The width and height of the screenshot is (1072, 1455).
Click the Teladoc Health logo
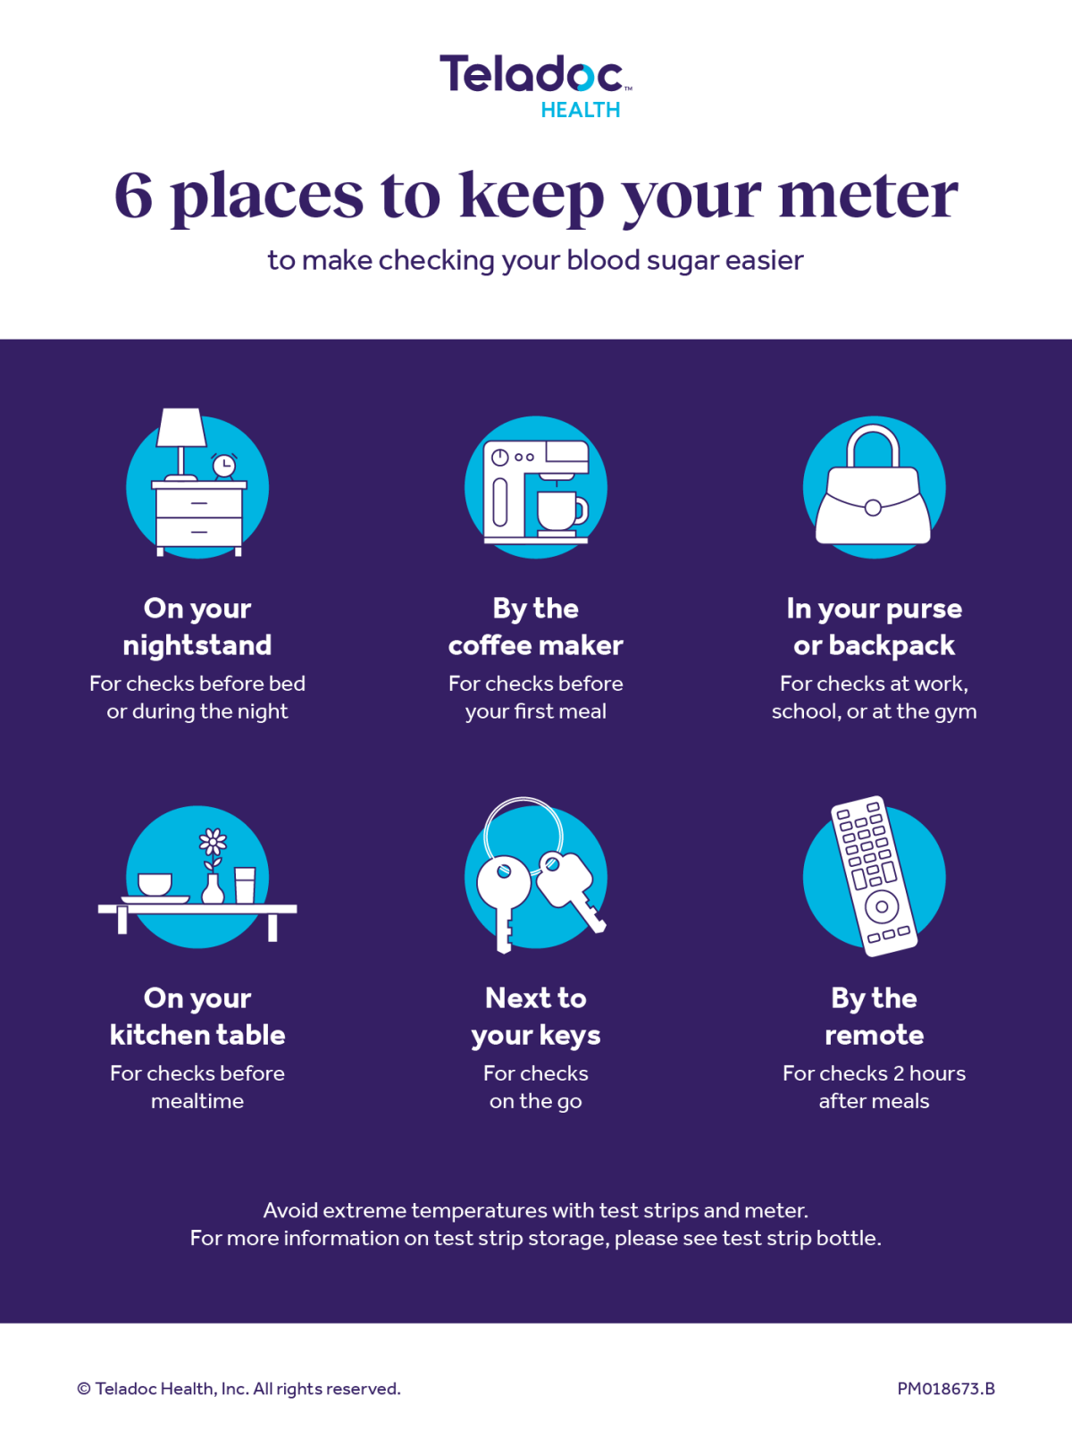[535, 85]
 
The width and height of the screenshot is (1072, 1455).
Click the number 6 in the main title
[134, 196]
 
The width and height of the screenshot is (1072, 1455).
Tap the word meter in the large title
[867, 196]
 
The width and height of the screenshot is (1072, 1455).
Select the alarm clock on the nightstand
[223, 466]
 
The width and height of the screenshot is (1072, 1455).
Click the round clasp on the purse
[873, 508]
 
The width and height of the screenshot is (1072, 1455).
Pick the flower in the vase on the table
[213, 842]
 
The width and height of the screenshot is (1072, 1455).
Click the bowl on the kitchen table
[155, 884]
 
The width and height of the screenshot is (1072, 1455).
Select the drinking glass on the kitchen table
[245, 885]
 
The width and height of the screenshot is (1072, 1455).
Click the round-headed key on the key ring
[504, 885]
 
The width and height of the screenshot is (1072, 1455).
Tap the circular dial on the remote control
[882, 906]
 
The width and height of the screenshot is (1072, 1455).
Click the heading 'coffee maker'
[535, 645]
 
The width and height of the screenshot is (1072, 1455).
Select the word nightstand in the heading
[197, 645]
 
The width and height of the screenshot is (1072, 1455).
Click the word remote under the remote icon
[874, 1035]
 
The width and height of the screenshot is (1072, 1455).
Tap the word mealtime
[197, 1101]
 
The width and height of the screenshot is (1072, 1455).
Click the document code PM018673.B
[946, 1389]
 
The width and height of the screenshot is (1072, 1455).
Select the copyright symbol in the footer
[84, 1389]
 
